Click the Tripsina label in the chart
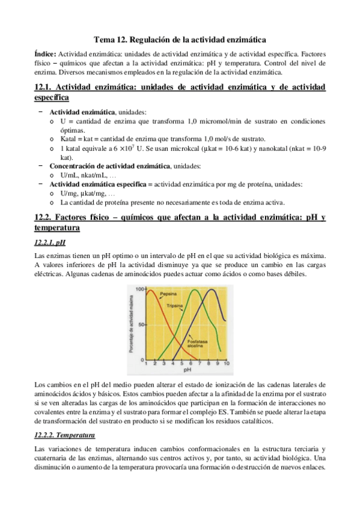174,305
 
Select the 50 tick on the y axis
142,324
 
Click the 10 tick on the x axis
226,364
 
